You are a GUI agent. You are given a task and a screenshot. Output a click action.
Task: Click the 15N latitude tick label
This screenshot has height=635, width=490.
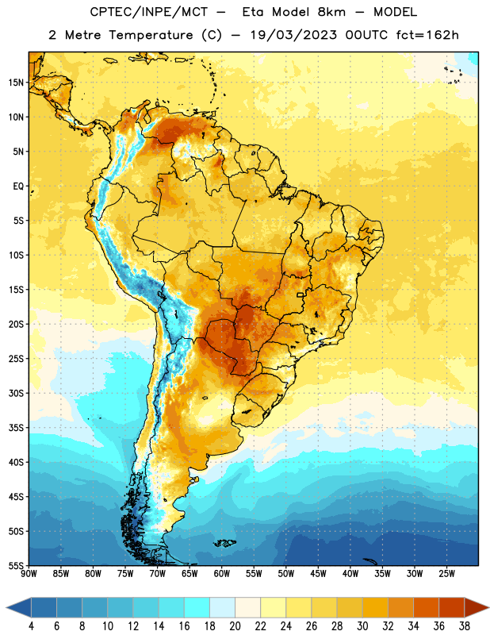[x=16, y=83]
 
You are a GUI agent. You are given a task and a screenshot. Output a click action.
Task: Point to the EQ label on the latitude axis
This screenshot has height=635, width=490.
[x=18, y=187]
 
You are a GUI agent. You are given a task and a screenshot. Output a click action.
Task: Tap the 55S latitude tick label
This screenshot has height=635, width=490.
[x=16, y=565]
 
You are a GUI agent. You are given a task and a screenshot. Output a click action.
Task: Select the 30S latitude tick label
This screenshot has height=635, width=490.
[x=16, y=393]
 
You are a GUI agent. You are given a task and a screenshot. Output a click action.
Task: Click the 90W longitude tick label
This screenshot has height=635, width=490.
[x=29, y=573]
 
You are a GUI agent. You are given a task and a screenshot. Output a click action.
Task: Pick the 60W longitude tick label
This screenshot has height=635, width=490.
[x=222, y=573]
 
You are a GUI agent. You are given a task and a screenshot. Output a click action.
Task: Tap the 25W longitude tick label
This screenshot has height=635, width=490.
[x=446, y=573]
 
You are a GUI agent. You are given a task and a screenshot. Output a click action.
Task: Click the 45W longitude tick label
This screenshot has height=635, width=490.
[x=318, y=573]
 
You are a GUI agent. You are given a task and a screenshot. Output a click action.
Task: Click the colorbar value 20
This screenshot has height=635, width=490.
[x=235, y=626]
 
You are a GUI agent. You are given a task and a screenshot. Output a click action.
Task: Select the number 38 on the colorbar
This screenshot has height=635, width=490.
[x=465, y=626]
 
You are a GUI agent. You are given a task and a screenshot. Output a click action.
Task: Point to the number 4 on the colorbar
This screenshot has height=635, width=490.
[x=31, y=626]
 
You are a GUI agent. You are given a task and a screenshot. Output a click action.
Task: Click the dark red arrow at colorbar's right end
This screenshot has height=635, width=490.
[x=477, y=607]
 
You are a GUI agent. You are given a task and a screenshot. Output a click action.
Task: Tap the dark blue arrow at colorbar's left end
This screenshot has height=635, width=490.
[x=19, y=607]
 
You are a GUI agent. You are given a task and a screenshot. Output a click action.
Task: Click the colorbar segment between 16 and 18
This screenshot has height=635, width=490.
[x=197, y=607]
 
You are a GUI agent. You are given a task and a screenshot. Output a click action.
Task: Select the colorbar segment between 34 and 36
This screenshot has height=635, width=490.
[x=427, y=607]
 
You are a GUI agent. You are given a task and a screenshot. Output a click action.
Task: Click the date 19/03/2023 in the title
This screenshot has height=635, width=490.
[x=293, y=35]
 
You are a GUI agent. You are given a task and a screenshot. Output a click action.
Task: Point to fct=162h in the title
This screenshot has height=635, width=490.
[x=427, y=35]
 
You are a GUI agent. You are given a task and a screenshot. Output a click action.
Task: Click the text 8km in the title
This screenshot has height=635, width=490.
[x=331, y=12]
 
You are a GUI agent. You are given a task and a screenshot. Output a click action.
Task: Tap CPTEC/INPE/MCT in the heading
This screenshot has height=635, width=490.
[x=148, y=12]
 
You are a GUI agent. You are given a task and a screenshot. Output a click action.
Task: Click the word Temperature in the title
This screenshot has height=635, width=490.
[x=151, y=35]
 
